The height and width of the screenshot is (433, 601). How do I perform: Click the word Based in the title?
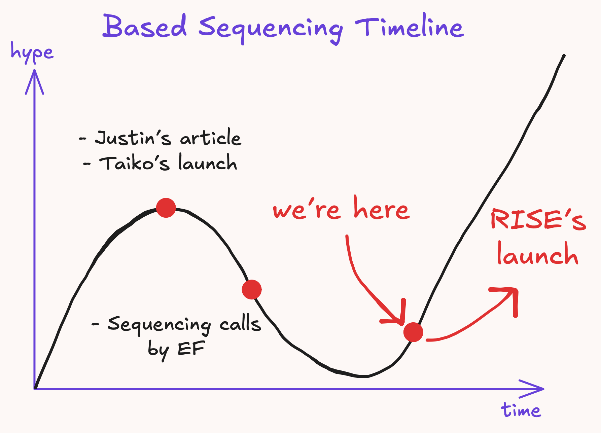click(145, 26)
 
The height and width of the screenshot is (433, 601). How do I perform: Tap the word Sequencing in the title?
click(271, 29)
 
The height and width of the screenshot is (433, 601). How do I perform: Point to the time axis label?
click(521, 410)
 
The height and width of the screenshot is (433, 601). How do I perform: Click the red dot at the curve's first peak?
click(166, 208)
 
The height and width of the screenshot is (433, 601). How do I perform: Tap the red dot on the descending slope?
click(252, 289)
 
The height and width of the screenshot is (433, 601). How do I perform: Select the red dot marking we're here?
click(413, 332)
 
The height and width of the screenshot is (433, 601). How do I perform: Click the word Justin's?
click(133, 138)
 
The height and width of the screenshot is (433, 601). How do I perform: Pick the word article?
click(211, 137)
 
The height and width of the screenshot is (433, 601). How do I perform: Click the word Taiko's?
click(135, 163)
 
